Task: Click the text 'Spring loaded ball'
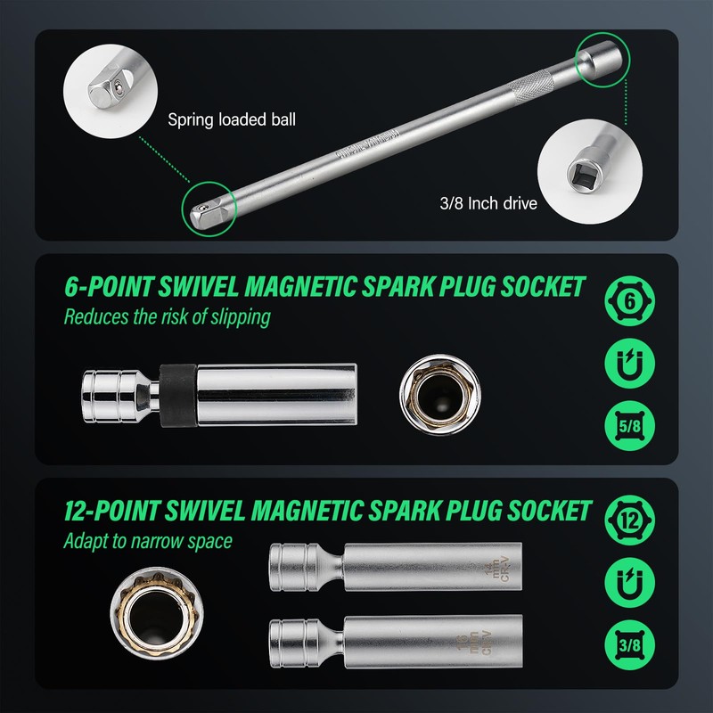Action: click(231, 119)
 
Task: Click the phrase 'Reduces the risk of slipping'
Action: click(167, 316)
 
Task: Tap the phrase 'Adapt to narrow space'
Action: click(147, 540)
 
